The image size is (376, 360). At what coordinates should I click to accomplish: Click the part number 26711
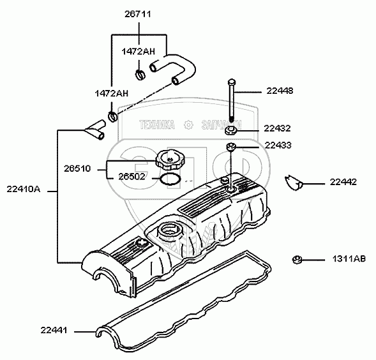[138, 14]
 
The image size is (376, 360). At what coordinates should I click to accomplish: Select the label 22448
[280, 91]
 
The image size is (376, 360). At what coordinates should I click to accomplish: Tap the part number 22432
[277, 128]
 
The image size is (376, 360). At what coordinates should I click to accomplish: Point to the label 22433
[278, 145]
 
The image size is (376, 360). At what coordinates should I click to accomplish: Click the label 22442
[343, 182]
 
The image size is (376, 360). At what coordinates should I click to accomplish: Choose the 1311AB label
[349, 259]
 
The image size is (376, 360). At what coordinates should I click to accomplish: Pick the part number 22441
[54, 330]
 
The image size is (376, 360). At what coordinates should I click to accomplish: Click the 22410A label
[24, 189]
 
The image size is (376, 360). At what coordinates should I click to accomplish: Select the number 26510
[77, 169]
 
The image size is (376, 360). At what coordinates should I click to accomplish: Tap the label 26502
[132, 177]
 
